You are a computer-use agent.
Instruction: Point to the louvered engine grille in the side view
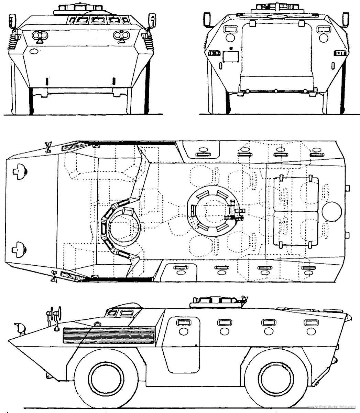[x=109, y=336]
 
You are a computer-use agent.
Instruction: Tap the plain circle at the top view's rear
[x=332, y=211]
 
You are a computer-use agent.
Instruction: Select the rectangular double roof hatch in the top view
[x=296, y=211]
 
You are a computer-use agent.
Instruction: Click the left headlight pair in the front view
[x=40, y=35]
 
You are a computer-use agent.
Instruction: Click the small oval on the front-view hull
[x=34, y=51]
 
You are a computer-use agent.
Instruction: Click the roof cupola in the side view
[x=215, y=302]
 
